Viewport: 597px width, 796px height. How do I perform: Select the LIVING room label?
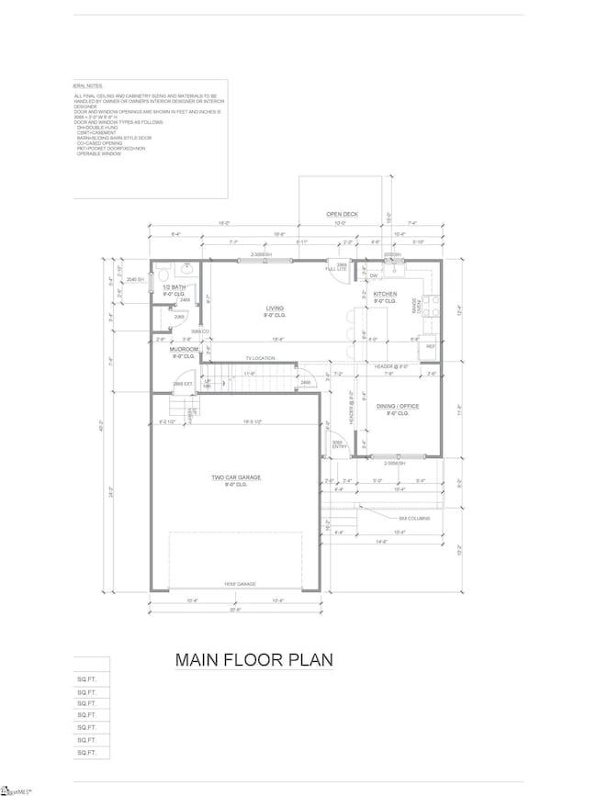coord(275,309)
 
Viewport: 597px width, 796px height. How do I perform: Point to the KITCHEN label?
coord(384,294)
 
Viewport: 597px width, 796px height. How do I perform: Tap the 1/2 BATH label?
coord(176,287)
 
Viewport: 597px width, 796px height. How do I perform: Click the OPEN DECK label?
coord(342,214)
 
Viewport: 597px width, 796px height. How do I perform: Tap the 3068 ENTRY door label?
coord(336,443)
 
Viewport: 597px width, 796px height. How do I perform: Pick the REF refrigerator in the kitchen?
coord(430,347)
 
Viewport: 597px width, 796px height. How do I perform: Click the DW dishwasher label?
coord(373,275)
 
